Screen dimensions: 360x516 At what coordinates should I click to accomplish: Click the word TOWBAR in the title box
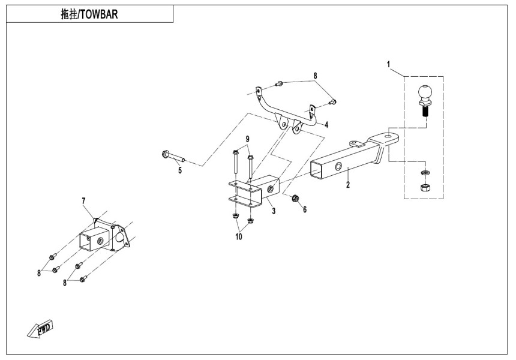(x=98, y=14)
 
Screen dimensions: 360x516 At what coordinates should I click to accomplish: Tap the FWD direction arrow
(x=41, y=329)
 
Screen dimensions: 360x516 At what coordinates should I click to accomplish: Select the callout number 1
(x=389, y=64)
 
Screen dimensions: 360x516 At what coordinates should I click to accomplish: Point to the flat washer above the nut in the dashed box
(x=424, y=173)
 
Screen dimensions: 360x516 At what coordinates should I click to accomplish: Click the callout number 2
(x=347, y=185)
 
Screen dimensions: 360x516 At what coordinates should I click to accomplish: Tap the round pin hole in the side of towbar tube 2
(x=339, y=166)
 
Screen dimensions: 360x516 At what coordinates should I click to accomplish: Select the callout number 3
(x=273, y=211)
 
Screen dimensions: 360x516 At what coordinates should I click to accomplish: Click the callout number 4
(x=326, y=125)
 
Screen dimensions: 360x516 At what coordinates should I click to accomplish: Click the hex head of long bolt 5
(x=165, y=155)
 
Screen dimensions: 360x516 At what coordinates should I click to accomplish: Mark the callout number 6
(x=304, y=209)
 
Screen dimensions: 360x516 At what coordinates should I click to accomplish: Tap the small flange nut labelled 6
(x=295, y=198)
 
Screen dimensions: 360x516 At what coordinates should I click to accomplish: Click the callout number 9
(x=247, y=140)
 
